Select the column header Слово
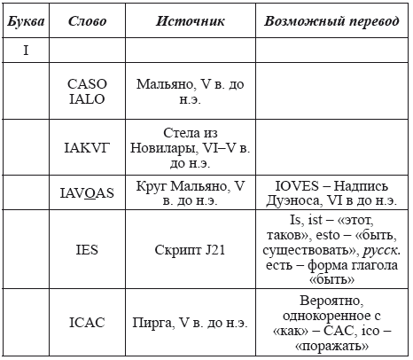87,20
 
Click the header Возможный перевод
331,20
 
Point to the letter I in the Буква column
26,51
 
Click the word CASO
87,84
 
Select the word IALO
87,98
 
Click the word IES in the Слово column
87,250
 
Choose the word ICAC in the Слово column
87,323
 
